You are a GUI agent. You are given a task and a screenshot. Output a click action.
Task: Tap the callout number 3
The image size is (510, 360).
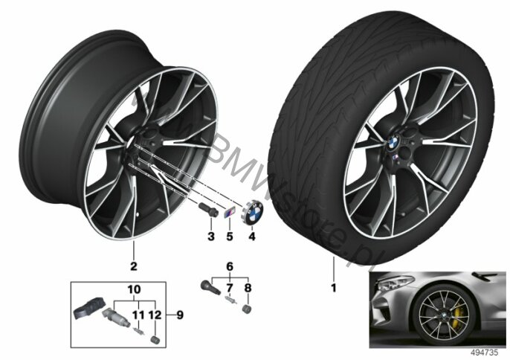point(210,237)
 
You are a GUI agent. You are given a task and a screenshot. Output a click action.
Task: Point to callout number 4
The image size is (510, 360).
point(252,237)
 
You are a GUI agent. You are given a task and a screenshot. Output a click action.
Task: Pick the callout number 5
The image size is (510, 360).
point(229,237)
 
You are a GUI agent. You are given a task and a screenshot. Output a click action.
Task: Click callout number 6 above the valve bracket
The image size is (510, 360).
point(230,266)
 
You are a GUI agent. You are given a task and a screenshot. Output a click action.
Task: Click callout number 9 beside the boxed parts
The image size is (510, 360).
point(178,314)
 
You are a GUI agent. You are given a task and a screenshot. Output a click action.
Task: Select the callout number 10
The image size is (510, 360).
point(133,288)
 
